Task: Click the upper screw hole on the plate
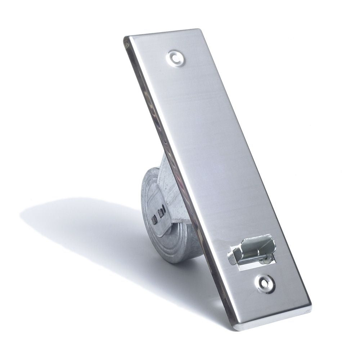[176, 58]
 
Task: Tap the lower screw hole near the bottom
[265, 284]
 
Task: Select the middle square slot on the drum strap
[160, 213]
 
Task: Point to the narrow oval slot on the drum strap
[164, 208]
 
